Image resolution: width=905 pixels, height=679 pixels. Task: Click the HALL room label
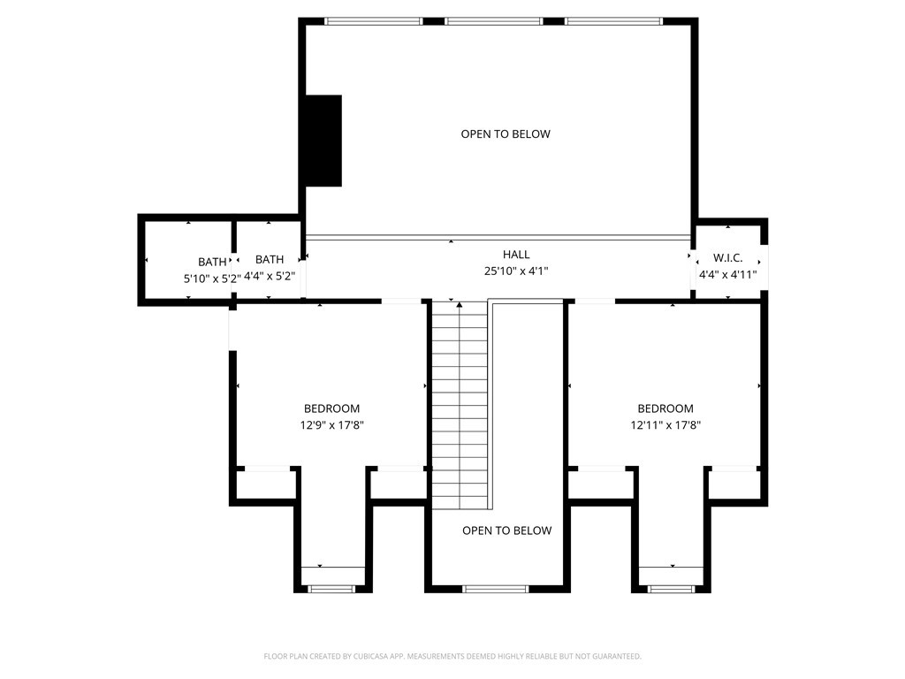tap(516, 255)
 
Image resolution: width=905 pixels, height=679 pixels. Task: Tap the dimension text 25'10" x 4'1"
tap(516, 271)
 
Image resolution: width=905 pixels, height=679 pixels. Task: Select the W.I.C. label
tap(727, 258)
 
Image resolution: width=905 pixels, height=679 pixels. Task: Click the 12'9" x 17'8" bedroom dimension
tap(331, 425)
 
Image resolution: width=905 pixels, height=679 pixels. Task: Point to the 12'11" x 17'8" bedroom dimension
tap(665, 425)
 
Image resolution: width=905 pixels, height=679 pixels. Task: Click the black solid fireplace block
tap(323, 141)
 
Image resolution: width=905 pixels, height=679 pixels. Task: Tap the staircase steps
tap(460, 407)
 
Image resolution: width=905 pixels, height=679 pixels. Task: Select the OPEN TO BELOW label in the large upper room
tap(506, 134)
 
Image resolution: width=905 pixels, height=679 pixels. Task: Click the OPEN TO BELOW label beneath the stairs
tap(506, 530)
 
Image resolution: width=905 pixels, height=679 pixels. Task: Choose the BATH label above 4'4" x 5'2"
tap(270, 259)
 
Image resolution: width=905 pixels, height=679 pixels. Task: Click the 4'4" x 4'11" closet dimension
tap(727, 274)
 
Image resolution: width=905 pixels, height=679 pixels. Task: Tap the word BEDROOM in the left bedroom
tap(331, 408)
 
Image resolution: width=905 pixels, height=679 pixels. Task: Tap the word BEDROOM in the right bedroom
tap(665, 408)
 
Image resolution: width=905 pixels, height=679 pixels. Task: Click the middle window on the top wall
tap(493, 21)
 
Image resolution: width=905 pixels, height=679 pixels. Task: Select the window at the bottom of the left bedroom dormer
tap(331, 588)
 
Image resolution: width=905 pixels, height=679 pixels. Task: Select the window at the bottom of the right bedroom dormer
tap(671, 588)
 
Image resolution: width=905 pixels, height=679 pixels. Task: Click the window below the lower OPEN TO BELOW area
tap(495, 588)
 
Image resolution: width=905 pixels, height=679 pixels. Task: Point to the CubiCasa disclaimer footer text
tap(452, 656)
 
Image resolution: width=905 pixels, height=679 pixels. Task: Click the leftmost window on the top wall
tap(373, 21)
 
